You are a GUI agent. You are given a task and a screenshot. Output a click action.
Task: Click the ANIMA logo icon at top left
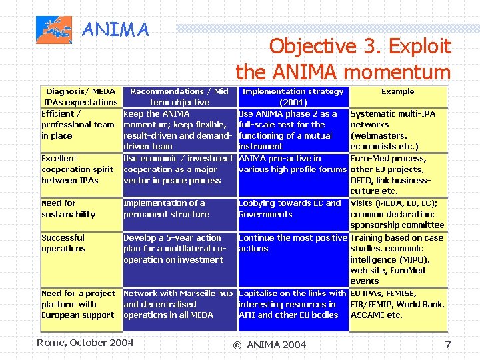click(x=53, y=31)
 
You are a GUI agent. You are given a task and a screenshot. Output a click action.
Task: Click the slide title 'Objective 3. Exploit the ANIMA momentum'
click(x=343, y=59)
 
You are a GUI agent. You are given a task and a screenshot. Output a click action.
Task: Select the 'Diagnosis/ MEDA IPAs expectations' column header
click(x=81, y=97)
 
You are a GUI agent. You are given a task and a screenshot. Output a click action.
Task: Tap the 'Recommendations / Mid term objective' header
click(x=179, y=97)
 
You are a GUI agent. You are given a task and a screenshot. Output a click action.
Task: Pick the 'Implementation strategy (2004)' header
click(x=293, y=97)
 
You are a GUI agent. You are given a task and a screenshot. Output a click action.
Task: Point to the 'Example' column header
click(x=397, y=92)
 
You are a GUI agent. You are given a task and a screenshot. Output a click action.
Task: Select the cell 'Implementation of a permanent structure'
click(x=166, y=209)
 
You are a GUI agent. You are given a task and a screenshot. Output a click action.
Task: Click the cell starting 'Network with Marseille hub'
click(x=178, y=304)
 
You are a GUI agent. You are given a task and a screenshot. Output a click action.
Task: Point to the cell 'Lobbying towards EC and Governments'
click(x=289, y=209)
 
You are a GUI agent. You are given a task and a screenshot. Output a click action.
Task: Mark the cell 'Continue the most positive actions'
click(x=293, y=243)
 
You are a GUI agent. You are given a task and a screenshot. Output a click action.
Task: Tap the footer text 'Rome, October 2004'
click(x=85, y=343)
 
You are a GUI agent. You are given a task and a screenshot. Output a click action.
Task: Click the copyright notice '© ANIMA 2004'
click(x=269, y=344)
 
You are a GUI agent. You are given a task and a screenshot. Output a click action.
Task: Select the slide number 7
click(x=448, y=344)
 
